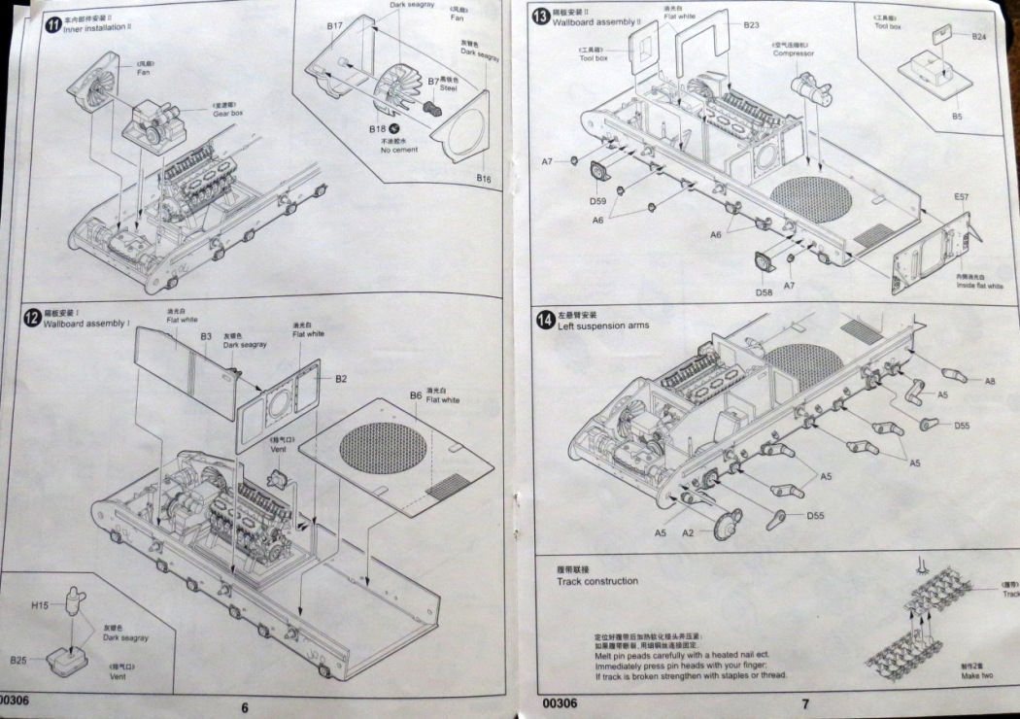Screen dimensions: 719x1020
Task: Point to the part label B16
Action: (x=483, y=179)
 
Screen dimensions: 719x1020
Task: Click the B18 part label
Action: (x=377, y=129)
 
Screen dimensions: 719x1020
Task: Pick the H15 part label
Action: (x=40, y=605)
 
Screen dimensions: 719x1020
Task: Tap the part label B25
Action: (x=19, y=660)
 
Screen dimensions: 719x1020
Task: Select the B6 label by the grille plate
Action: (x=415, y=394)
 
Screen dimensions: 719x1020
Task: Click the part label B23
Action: (x=751, y=25)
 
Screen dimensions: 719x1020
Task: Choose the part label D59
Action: (x=597, y=201)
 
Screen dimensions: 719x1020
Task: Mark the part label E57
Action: (x=961, y=197)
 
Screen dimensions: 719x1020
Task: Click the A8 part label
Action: (x=989, y=381)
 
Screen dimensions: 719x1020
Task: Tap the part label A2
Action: (x=688, y=532)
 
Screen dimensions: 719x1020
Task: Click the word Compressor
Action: (x=793, y=53)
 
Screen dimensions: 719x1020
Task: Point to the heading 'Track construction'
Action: (x=597, y=581)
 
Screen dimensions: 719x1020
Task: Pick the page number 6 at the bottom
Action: (x=244, y=706)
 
